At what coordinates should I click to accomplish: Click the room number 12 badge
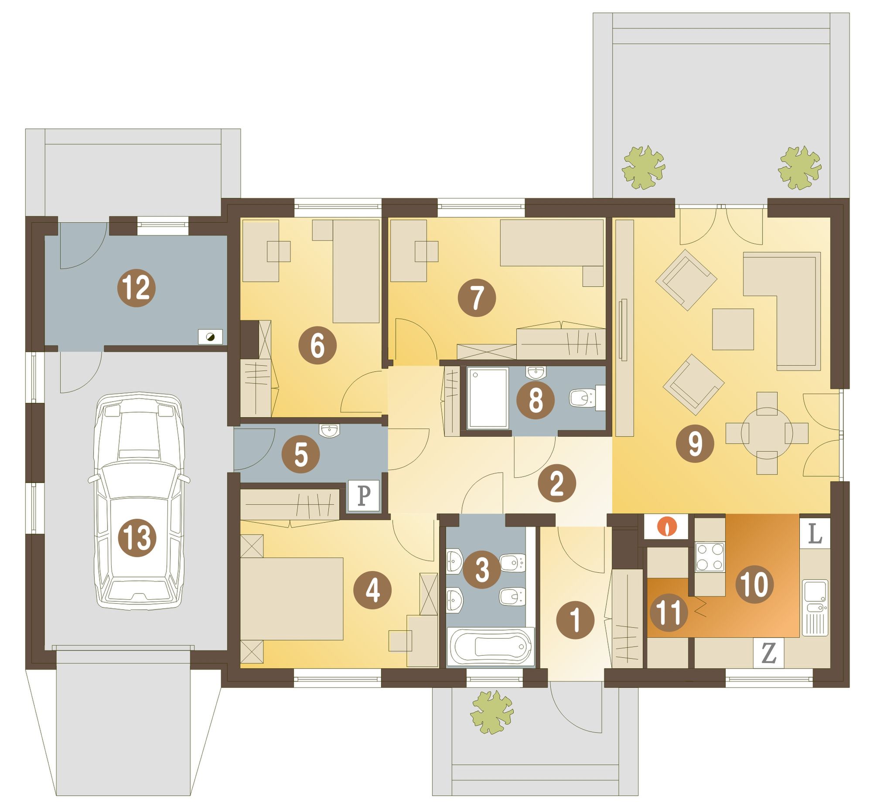pos(136,288)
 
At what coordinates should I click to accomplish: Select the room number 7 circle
pos(477,297)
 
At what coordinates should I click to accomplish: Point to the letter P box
pos(363,496)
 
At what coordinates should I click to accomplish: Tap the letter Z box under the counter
pos(768,653)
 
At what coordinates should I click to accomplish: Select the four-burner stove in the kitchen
pos(710,557)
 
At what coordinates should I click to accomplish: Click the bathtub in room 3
pos(491,647)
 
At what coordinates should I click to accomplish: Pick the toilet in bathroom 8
pos(587,398)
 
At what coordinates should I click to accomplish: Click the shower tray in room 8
pos(488,398)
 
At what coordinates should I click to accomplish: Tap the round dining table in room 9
pos(767,433)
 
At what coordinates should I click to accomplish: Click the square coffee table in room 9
pos(733,329)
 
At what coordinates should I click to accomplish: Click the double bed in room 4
pos(291,599)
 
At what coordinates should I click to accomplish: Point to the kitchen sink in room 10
pos(815,608)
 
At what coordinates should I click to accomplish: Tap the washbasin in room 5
pos(329,431)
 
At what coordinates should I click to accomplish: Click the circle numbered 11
pos(669,613)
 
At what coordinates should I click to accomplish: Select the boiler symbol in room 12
pos(210,337)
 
